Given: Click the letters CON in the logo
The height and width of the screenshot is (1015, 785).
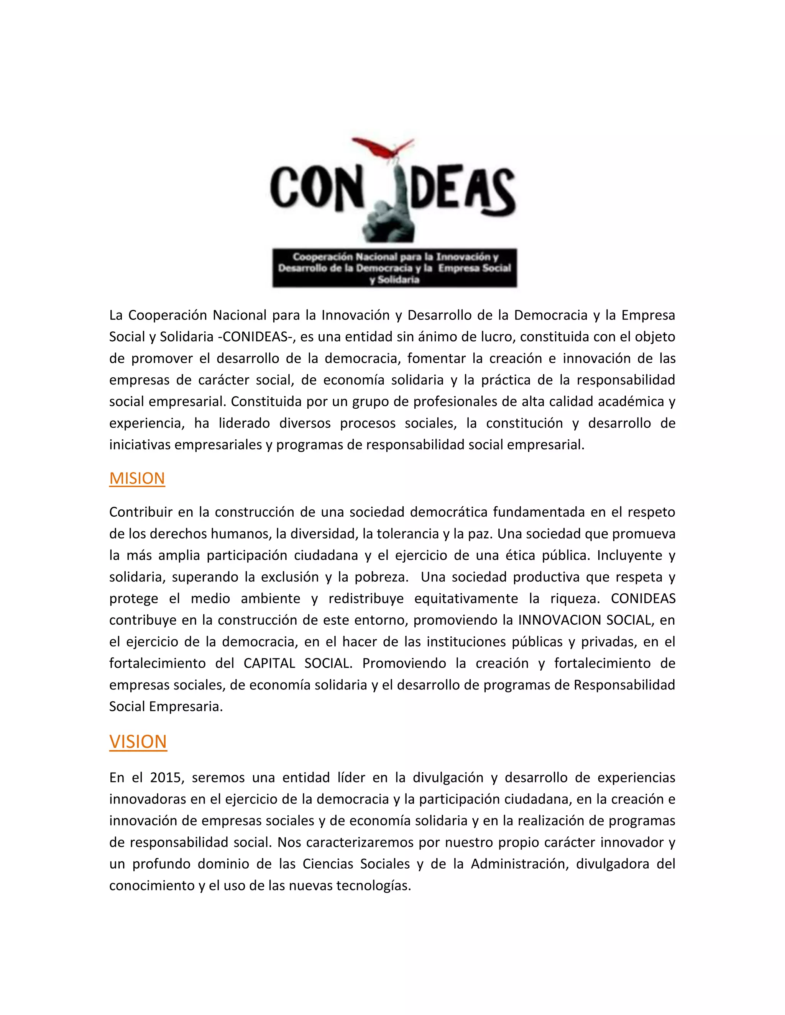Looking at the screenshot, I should coord(316,188).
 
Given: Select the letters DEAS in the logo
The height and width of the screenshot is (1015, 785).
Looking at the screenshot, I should coord(463,190).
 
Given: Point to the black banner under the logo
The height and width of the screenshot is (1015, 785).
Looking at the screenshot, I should coord(394,268).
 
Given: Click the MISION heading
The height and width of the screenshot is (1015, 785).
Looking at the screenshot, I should coord(137,478).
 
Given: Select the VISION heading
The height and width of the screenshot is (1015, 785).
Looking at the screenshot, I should coord(138,742).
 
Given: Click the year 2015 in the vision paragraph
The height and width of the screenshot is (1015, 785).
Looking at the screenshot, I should coord(164,778).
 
